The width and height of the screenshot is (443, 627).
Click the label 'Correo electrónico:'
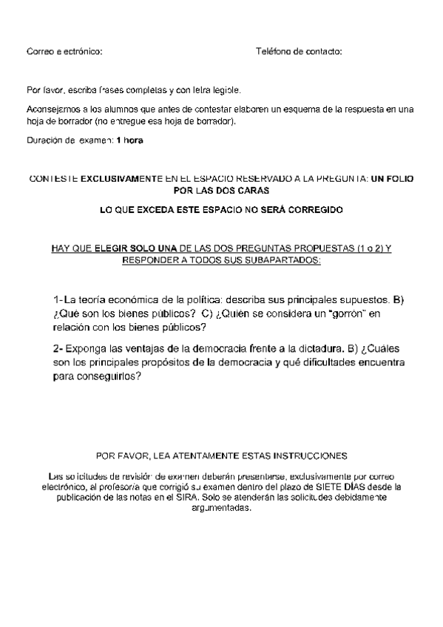coord(64,52)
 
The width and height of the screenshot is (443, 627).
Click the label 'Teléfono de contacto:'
coord(299,52)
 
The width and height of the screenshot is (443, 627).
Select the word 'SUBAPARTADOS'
coord(284,261)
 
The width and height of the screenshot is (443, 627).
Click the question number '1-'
coord(58,300)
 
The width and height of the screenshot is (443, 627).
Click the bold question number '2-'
coord(58,348)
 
